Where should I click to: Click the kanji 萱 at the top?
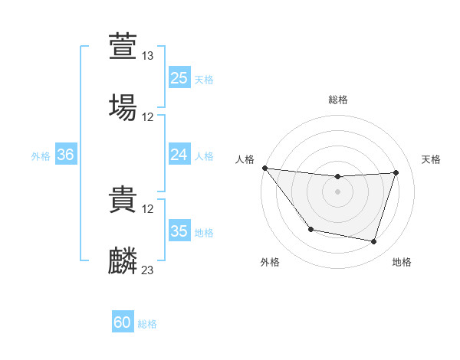pos(123,45)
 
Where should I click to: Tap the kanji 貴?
pos(123,198)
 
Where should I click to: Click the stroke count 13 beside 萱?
pos(148,56)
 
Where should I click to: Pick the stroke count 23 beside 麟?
pos(148,270)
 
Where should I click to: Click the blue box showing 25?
pos(179,78)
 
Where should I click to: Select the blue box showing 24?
pos(179,155)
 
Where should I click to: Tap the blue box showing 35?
pos(179,231)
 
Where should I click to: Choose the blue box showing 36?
pos(65,155)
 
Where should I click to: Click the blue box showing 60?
pos(123,323)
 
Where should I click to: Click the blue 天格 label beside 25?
pos(204,79)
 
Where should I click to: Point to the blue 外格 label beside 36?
pos(41,155)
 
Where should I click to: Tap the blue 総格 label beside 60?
pos(147,324)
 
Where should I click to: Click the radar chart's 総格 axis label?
pos(338,100)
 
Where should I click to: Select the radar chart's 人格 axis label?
pos(245,159)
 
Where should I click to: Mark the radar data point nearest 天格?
pos(396,172)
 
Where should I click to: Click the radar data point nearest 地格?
pos(373,241)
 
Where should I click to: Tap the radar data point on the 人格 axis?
pos(264,168)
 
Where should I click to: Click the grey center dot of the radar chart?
pos(338,191)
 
